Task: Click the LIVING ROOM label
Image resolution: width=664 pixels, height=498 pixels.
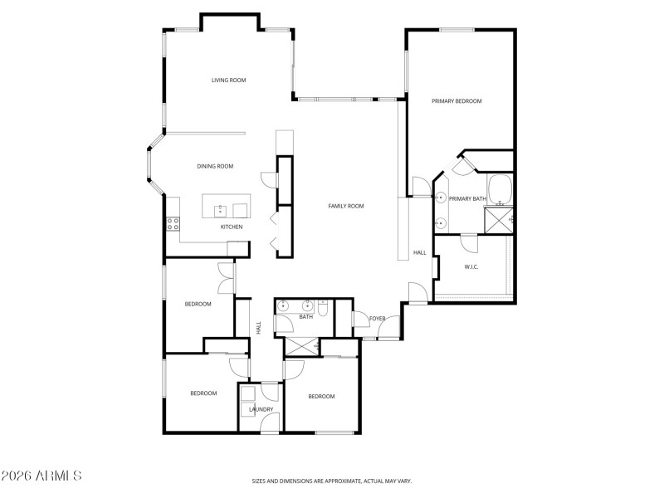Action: pyautogui.click(x=228, y=81)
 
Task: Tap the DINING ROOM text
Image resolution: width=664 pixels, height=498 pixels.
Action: pyautogui.click(x=215, y=166)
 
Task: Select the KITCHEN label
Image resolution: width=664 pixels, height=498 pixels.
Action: pyautogui.click(x=231, y=227)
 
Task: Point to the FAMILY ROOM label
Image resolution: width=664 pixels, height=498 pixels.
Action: pyautogui.click(x=345, y=206)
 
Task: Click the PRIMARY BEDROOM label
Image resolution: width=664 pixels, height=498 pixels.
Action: pyautogui.click(x=456, y=101)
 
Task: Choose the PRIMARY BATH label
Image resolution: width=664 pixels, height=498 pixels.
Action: pyautogui.click(x=466, y=198)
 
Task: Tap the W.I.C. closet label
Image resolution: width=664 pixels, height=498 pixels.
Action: pyautogui.click(x=471, y=266)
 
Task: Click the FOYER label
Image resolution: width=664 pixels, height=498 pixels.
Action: pyautogui.click(x=378, y=319)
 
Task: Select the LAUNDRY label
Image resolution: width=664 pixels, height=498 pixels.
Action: pyautogui.click(x=261, y=409)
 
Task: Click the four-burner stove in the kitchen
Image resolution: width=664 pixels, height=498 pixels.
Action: pyautogui.click(x=173, y=223)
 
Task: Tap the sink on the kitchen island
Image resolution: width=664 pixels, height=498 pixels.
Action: pyautogui.click(x=221, y=209)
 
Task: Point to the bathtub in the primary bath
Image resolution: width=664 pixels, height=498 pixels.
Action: pyautogui.click(x=500, y=190)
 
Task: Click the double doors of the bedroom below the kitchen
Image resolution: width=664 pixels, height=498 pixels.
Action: pyautogui.click(x=225, y=278)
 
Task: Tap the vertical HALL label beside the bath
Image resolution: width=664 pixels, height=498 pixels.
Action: pyautogui.click(x=258, y=328)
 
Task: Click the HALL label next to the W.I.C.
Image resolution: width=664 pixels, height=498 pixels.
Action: pyautogui.click(x=419, y=252)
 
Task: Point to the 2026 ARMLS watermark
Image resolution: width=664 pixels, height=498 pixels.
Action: pyautogui.click(x=41, y=476)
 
